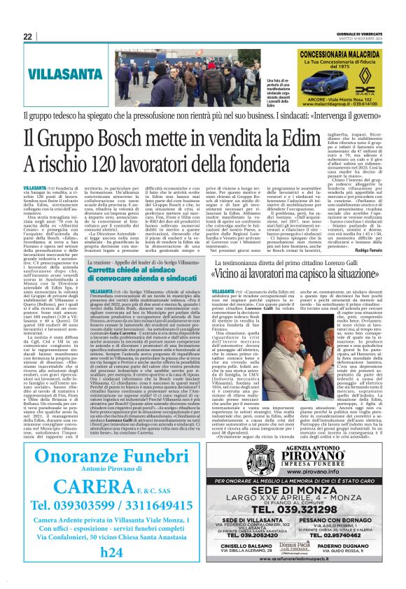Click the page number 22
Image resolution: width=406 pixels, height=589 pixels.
click(x=27, y=36)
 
